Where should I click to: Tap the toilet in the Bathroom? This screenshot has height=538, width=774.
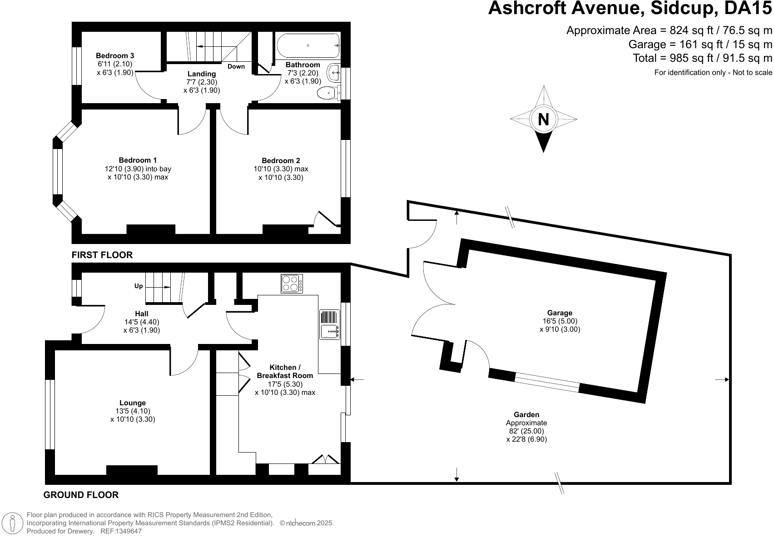(x=328, y=93)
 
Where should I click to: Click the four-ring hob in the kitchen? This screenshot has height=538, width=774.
(x=292, y=284)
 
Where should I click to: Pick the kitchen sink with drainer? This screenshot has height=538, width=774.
(x=330, y=325)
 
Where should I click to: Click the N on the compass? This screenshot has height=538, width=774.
(x=544, y=120)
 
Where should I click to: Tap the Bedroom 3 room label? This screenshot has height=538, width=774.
(x=115, y=56)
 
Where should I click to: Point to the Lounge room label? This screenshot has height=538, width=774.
(x=133, y=403)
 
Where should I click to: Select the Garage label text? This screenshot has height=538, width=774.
(x=560, y=313)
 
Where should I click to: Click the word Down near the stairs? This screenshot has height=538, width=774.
(x=236, y=66)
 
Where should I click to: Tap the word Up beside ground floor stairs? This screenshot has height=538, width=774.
(x=139, y=286)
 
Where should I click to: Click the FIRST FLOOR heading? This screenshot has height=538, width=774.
(x=102, y=255)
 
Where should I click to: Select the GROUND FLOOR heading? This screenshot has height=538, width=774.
(x=81, y=495)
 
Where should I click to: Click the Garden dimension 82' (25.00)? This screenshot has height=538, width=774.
(x=526, y=431)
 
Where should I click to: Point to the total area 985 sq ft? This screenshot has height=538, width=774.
(x=691, y=58)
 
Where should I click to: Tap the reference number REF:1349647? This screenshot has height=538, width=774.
(x=121, y=531)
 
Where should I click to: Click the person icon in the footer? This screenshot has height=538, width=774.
(x=13, y=523)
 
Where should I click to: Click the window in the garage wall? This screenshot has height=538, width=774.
(x=547, y=382)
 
